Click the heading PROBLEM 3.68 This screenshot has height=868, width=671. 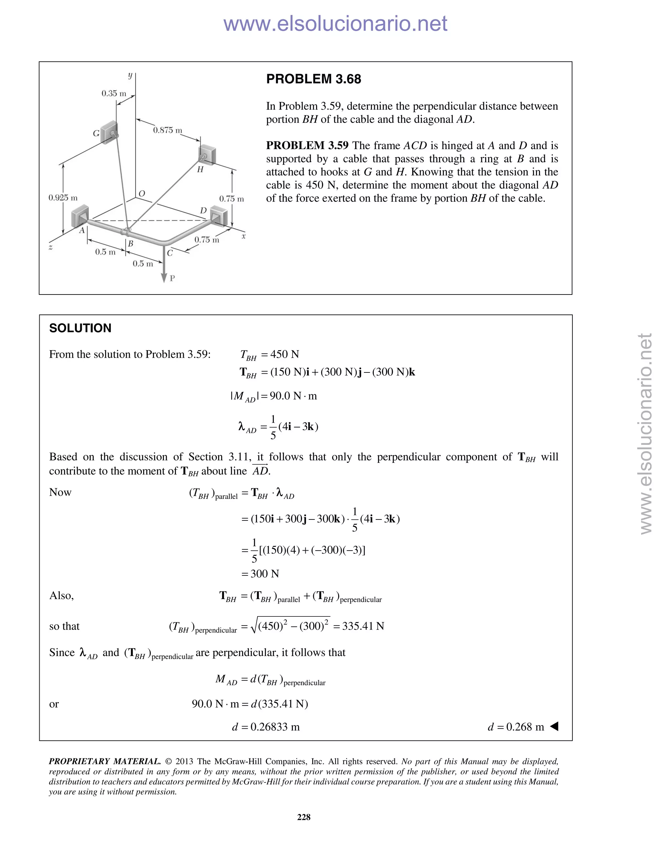tap(313, 79)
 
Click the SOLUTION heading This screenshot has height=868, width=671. tap(80, 328)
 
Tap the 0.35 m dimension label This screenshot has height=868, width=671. tap(114, 93)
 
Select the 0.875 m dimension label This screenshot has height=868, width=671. tap(167, 130)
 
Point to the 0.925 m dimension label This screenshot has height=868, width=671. tap(63, 198)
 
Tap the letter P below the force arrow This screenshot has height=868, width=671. tap(172, 278)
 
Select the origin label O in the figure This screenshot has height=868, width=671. tap(142, 194)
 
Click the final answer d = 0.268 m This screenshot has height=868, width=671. tap(516, 727)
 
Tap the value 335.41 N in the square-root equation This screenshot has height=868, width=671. tap(363, 626)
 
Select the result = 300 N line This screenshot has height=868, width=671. tap(260, 574)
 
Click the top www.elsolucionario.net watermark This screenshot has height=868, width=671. tap(335, 24)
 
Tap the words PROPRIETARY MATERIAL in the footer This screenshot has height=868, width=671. tap(105, 762)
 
